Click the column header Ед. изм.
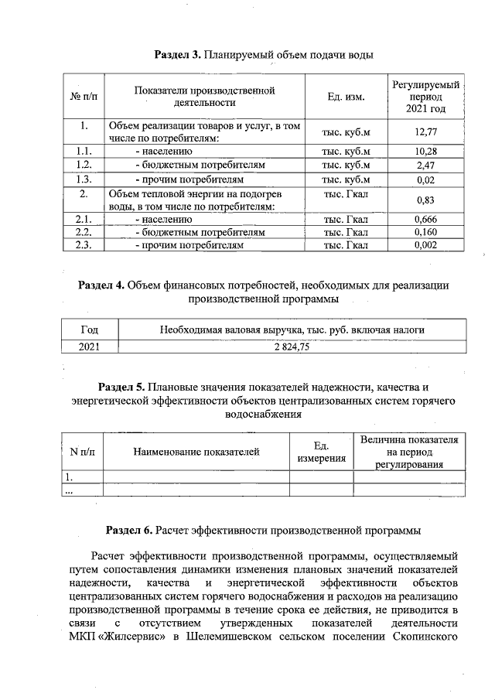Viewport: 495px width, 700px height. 346,96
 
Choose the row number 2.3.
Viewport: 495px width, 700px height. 84,245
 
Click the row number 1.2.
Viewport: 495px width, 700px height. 84,166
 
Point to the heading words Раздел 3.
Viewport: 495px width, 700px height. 178,55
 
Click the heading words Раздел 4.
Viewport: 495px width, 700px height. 102,285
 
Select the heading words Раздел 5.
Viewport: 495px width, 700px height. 122,387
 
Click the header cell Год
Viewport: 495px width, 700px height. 89,330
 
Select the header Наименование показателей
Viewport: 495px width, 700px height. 196,452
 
